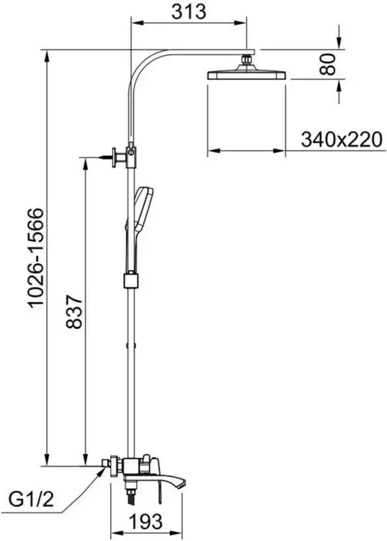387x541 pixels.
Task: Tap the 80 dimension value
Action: tap(328, 64)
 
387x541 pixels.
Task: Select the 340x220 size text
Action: tap(342, 139)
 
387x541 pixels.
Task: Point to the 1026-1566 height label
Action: tap(36, 257)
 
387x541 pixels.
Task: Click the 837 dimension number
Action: tap(74, 311)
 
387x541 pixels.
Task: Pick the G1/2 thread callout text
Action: tap(31, 499)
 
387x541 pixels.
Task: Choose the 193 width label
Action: tap(145, 521)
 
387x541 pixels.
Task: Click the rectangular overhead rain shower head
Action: tap(247, 75)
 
